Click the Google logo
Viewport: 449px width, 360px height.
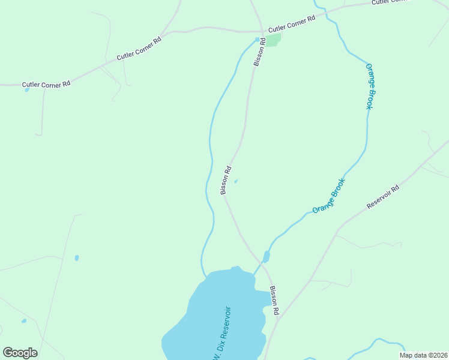coord(20,352)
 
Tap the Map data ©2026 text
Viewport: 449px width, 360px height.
coord(423,355)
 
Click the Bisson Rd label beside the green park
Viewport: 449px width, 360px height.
coord(259,53)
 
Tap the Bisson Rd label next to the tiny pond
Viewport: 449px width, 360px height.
coord(226,180)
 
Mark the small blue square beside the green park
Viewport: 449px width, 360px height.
coord(258,40)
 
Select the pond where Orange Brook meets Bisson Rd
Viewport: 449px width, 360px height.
coord(266,257)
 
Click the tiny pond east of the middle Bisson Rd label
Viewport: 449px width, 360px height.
coord(236,181)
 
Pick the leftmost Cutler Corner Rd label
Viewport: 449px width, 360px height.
coord(46,85)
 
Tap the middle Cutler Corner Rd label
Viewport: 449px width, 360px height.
coord(139,49)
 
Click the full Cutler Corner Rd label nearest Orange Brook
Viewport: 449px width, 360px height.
coord(291,24)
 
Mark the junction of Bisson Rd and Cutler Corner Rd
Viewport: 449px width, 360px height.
coord(262,30)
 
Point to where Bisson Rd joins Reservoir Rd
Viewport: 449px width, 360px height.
coord(279,316)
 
